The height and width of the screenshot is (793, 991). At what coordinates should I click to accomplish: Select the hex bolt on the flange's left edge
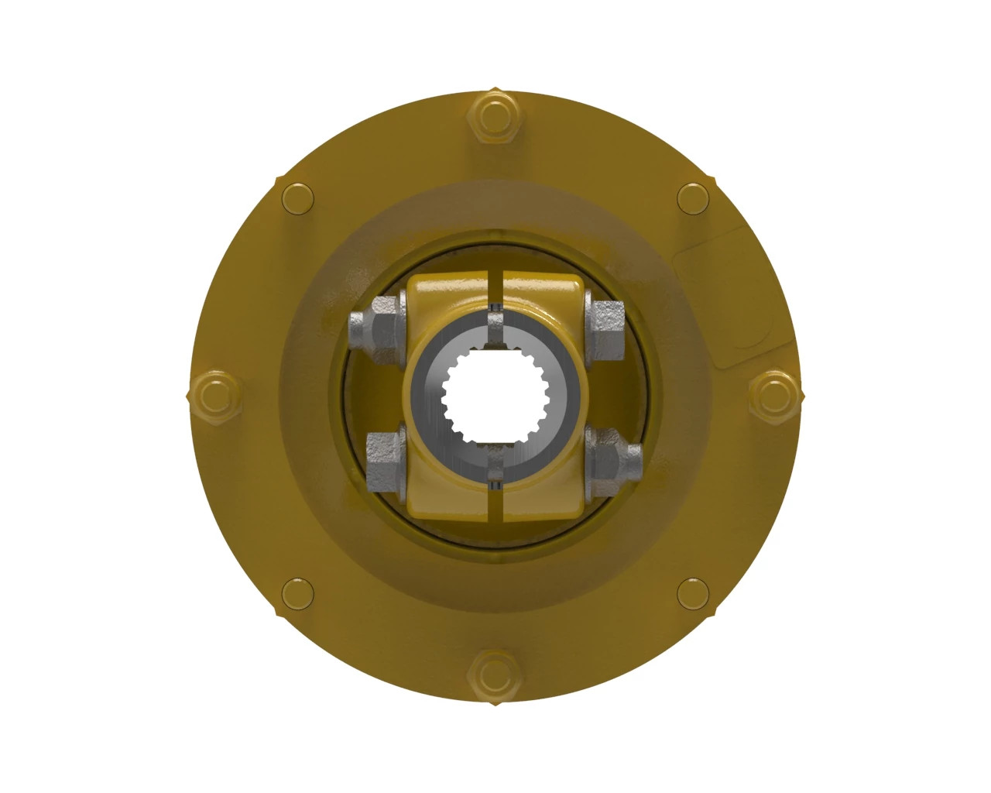pyautogui.click(x=214, y=396)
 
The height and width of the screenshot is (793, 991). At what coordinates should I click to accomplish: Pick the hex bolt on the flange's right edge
pyautogui.click(x=773, y=396)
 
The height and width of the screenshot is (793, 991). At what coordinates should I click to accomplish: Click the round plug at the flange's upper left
pyautogui.click(x=298, y=198)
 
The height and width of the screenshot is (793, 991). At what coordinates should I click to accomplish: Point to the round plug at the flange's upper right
pyautogui.click(x=692, y=198)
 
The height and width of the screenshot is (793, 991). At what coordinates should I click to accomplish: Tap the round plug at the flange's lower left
pyautogui.click(x=298, y=594)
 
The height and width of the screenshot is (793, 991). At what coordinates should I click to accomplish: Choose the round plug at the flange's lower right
pyautogui.click(x=692, y=594)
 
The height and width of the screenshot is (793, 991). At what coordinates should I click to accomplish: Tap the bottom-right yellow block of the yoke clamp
pyautogui.click(x=542, y=496)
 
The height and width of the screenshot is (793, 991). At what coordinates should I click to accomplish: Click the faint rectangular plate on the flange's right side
pyautogui.click(x=720, y=302)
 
